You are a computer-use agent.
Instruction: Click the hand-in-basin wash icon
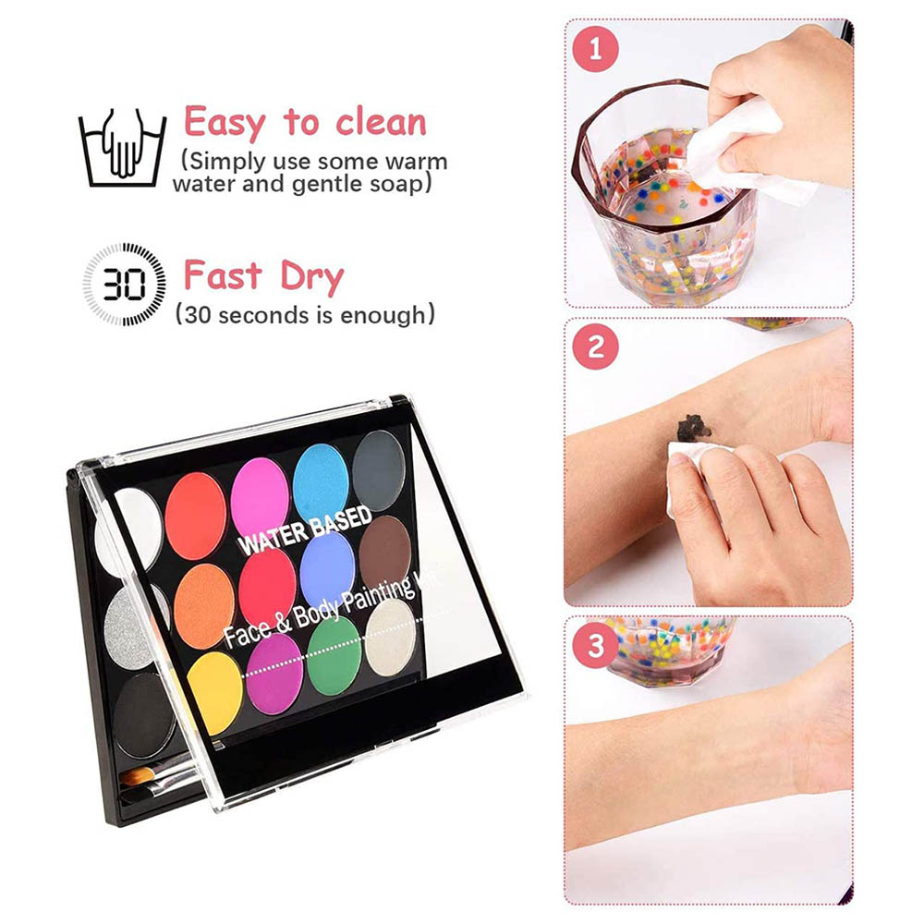(x=123, y=147)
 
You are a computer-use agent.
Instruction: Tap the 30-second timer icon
(x=125, y=284)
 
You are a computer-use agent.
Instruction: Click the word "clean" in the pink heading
(x=381, y=122)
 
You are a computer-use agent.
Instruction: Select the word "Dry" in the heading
(x=311, y=276)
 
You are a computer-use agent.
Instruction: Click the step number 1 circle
(x=595, y=49)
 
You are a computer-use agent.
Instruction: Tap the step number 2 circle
(x=596, y=346)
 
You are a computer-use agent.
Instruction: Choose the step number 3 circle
(x=596, y=646)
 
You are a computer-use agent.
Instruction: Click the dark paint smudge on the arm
(x=694, y=428)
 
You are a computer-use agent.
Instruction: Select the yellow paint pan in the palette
(x=215, y=694)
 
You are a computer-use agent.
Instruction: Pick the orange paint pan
(x=204, y=606)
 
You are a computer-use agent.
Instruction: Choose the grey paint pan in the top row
(x=380, y=470)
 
